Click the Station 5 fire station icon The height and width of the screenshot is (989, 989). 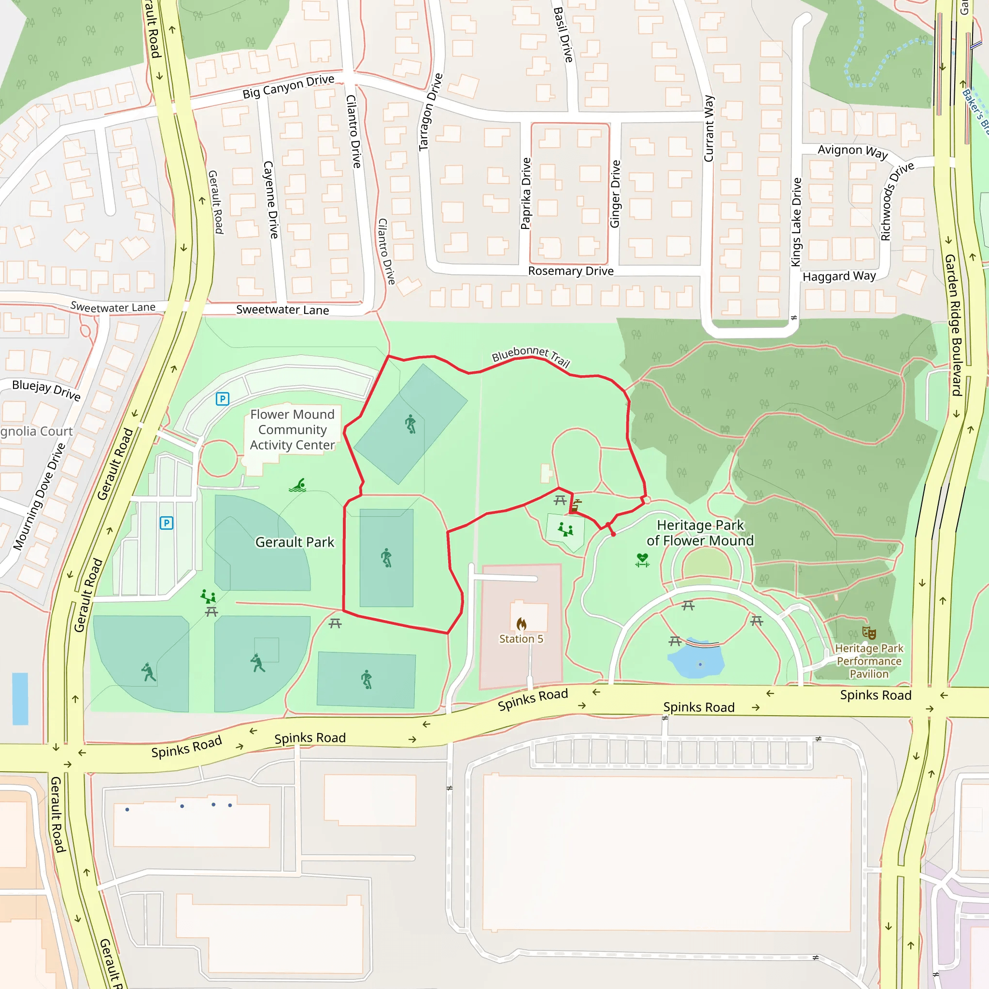click(x=521, y=623)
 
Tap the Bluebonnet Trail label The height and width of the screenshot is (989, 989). click(x=530, y=355)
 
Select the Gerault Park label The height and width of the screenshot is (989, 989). click(x=295, y=542)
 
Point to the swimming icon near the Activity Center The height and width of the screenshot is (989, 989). click(x=297, y=485)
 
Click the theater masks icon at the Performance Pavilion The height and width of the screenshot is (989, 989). click(x=869, y=633)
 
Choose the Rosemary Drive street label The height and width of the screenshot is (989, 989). click(x=571, y=271)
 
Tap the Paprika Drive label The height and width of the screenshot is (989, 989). click(x=526, y=194)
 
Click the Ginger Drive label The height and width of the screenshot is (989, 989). click(x=615, y=194)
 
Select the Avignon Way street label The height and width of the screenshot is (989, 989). click(x=852, y=151)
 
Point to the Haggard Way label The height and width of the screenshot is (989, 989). click(x=839, y=276)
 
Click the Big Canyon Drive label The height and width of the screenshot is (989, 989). click(x=288, y=87)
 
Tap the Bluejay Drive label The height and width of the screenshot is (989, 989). click(x=46, y=390)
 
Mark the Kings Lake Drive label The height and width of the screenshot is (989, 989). click(x=796, y=222)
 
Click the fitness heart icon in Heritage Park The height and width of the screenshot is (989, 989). click(x=642, y=560)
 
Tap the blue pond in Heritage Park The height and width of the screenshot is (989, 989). click(x=696, y=662)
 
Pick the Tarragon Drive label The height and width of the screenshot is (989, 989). click(x=430, y=112)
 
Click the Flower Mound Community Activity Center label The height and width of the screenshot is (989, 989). click(x=292, y=429)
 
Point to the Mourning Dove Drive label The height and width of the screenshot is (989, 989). click(x=39, y=496)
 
